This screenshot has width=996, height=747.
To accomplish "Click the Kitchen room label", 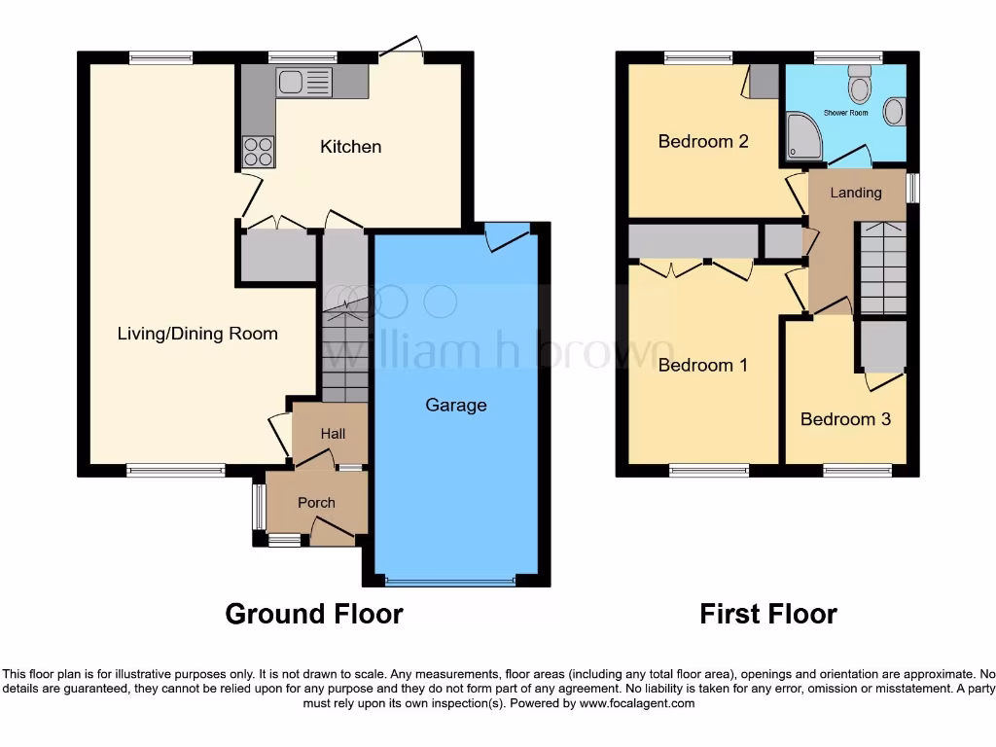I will pos(351,147).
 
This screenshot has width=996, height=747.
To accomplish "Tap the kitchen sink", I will pos(304,83).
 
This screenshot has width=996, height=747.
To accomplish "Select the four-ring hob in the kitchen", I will pos(258,151).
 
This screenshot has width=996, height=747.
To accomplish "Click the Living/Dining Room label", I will pos(197,334).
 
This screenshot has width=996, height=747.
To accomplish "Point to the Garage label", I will pos(455,405).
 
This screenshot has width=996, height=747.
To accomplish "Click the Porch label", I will pos(316,503).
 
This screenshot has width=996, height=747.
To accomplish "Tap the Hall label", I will pos(333,434).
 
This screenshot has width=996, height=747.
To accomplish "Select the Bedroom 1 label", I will pos(702,366).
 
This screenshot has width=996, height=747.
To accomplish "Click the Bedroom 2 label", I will pos(702,142).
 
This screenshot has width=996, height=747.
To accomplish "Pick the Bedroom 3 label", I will pos(845,419).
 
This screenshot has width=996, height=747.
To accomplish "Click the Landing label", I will pos(855,193).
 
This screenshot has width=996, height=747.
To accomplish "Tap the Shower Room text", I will pos(845,113).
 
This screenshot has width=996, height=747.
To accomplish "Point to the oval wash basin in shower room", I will pos(894,111).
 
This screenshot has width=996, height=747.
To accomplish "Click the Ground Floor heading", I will pos(313,614).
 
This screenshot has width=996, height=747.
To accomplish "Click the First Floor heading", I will pos(768,614).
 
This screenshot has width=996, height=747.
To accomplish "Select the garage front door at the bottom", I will pos(449,582).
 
